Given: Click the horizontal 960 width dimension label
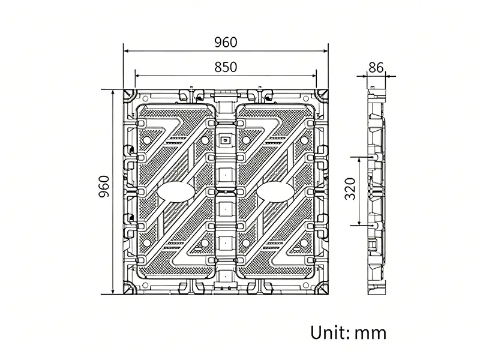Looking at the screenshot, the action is pos(226,42).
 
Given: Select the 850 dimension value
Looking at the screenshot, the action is pos(226,67).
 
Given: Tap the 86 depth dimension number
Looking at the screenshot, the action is pos(376,67).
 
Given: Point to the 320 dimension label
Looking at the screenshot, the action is pos(350,188).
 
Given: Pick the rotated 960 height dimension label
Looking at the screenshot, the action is pos(104,187).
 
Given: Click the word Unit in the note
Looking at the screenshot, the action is pos(329,332).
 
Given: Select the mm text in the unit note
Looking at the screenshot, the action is pos(370,334).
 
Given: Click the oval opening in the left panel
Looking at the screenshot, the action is pos(176,192).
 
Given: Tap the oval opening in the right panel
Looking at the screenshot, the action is pos(275,192).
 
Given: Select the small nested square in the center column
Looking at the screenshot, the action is pos(226,140).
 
